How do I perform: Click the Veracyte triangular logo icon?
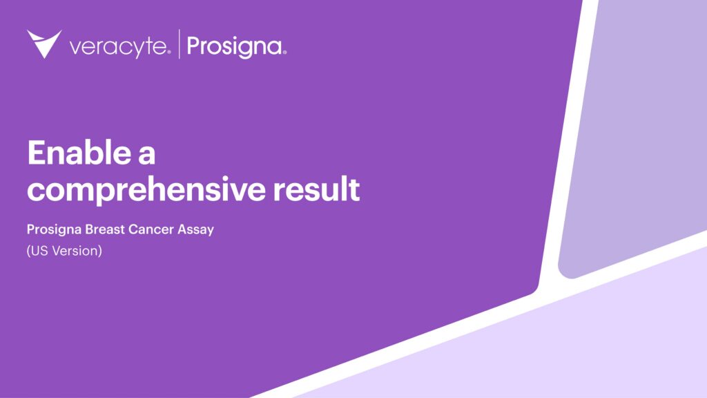44,44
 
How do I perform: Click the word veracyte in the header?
117,47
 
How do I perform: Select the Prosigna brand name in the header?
233,47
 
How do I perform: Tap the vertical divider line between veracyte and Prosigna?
180,44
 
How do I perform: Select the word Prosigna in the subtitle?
52,229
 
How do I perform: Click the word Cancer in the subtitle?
151,229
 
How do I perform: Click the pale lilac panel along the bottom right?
552,345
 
